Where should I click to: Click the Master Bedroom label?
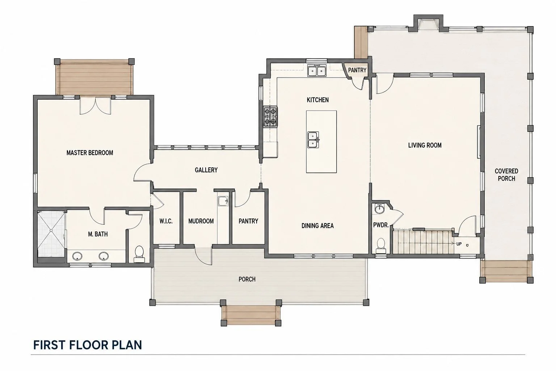[x=90, y=153]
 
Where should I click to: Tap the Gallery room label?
[x=206, y=170]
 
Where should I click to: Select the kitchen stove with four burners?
[x=270, y=117]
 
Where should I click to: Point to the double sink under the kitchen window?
[x=317, y=71]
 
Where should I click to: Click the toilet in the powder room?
[x=380, y=246]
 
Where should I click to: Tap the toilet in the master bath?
[x=139, y=254]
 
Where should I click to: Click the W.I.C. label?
[x=166, y=221]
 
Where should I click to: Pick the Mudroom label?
[x=201, y=221]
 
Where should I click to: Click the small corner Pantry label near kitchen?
[x=357, y=70]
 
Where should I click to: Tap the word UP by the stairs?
[x=459, y=244]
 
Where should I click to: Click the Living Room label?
[x=425, y=145]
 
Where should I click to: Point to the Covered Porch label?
[x=506, y=175]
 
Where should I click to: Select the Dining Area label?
[x=317, y=226]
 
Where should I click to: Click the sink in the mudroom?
[x=223, y=201]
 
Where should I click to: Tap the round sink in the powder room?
[x=379, y=209]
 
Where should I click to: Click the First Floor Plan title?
[x=87, y=345]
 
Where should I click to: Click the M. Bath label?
[x=98, y=234]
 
